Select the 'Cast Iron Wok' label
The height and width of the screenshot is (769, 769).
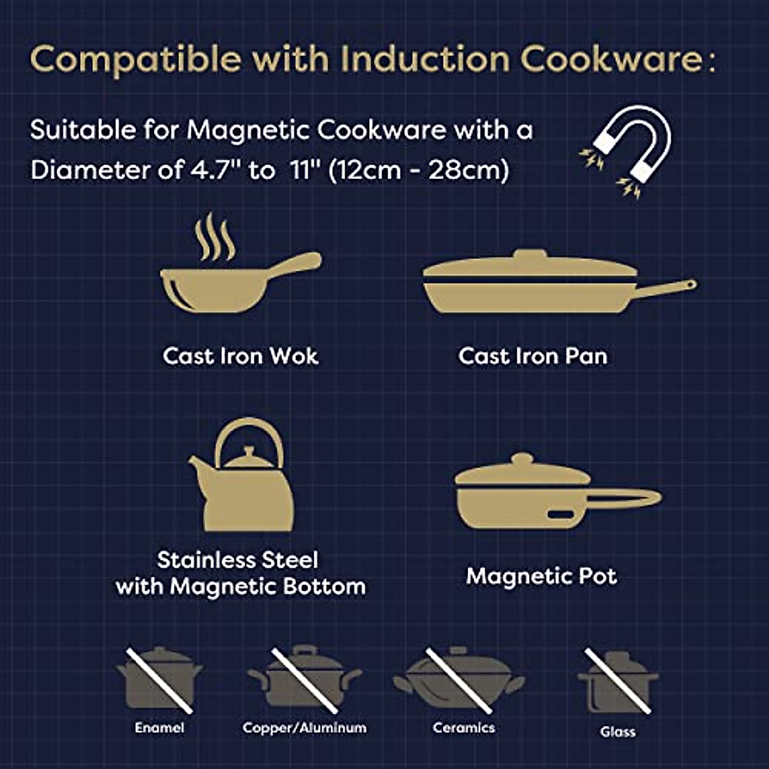tap(240, 356)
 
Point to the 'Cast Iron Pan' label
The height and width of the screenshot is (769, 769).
tap(533, 356)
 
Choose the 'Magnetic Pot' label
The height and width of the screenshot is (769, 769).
tap(542, 576)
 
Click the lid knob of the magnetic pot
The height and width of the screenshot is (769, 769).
tap(522, 459)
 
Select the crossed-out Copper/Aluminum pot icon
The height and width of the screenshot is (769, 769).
tap(304, 679)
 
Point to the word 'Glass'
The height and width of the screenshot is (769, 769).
tap(618, 731)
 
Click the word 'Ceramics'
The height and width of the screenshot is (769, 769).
tap(463, 727)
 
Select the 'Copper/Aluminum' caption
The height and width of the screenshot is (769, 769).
tap(304, 728)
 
